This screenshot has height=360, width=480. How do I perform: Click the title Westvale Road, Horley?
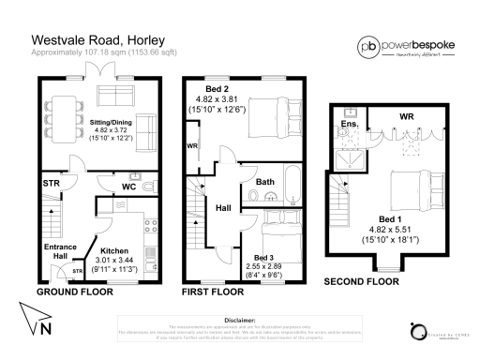click(93, 40)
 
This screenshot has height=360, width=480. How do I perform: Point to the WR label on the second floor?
click(405, 116)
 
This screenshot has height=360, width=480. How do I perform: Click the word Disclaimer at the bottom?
click(240, 319)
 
